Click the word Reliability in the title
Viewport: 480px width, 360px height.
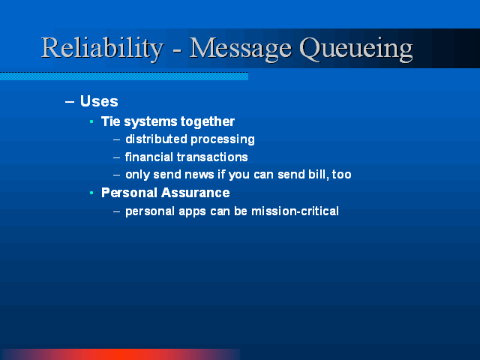point(103,48)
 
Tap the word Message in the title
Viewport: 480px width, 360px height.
point(241,49)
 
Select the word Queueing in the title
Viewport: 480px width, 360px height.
point(356,49)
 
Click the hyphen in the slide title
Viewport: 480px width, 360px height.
point(177,49)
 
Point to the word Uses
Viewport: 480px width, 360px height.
point(99,101)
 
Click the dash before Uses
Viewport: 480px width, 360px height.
point(70,102)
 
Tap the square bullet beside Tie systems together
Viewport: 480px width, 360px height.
point(91,121)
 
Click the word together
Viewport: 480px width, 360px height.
point(208,121)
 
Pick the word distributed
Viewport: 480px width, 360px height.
point(156,139)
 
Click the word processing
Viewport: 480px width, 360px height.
point(223,140)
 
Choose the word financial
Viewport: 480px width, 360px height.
point(149,157)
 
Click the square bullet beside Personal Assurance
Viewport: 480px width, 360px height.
point(91,193)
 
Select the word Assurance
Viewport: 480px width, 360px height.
point(195,193)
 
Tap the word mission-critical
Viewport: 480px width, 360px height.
point(295,211)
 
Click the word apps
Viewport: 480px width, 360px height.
point(192,211)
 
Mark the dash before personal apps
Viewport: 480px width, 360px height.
point(116,211)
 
